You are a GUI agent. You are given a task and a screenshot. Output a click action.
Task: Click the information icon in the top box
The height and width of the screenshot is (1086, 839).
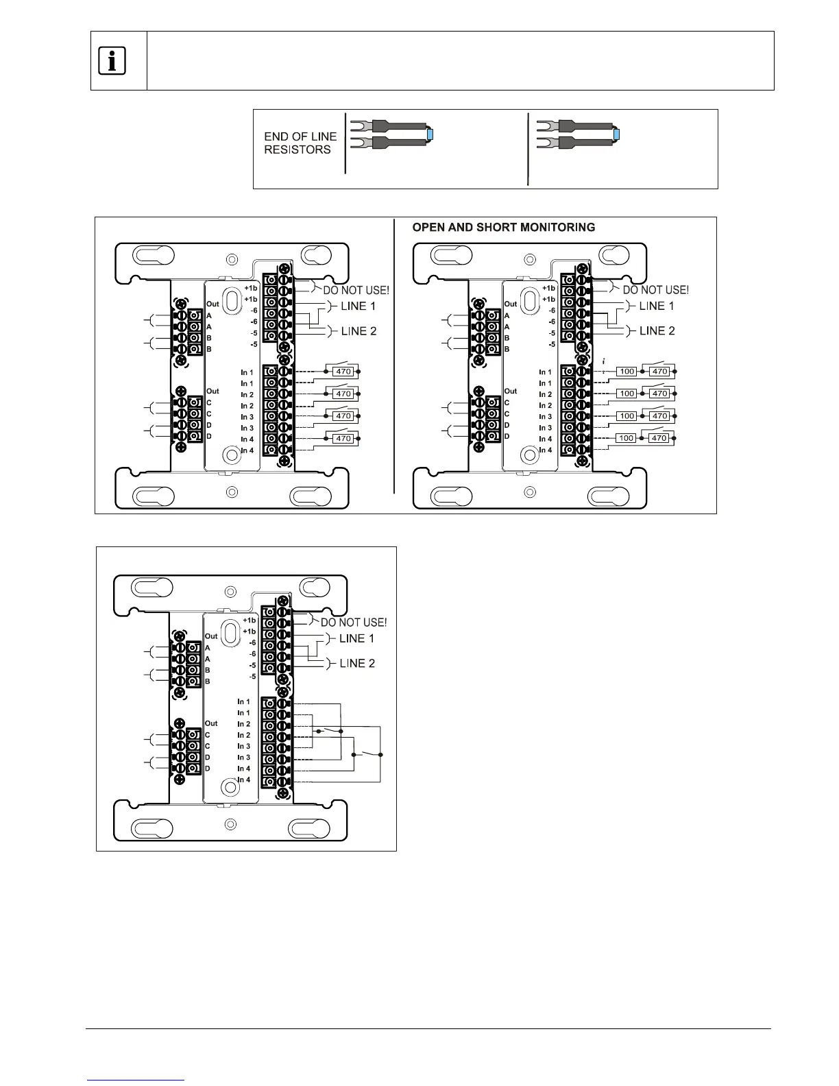(x=112, y=62)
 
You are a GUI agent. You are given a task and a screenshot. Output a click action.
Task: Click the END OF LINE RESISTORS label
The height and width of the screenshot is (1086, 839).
(x=300, y=143)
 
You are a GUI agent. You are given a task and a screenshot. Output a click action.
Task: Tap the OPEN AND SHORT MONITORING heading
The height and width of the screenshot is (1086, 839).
(x=504, y=228)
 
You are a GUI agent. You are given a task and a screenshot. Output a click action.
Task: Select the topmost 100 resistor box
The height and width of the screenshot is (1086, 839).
(x=627, y=372)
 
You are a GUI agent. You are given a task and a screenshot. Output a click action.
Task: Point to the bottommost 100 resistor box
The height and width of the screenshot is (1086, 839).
(x=627, y=438)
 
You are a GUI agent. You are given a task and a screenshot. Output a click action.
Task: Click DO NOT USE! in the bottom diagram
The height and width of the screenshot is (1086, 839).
(x=354, y=623)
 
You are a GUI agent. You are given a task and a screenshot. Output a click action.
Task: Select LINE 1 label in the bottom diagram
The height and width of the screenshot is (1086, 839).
(x=357, y=638)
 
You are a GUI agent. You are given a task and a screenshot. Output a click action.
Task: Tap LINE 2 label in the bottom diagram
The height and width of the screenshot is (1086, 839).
(x=357, y=663)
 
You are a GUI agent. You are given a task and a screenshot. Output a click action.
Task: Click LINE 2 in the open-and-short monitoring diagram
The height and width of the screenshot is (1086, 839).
(x=657, y=330)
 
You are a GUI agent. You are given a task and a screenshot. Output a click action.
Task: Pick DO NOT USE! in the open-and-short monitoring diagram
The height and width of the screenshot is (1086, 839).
(x=655, y=290)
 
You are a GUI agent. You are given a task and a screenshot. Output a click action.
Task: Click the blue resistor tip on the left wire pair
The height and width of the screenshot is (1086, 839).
(x=430, y=134)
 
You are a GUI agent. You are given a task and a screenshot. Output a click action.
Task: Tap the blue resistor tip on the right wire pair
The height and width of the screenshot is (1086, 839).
(x=616, y=134)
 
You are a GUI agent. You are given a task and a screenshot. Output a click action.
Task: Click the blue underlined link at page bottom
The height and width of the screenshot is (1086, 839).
(x=136, y=1080)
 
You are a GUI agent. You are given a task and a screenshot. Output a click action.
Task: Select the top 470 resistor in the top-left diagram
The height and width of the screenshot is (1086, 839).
(x=343, y=372)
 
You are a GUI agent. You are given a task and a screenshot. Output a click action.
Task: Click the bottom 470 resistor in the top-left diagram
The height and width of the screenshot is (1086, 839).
(x=343, y=438)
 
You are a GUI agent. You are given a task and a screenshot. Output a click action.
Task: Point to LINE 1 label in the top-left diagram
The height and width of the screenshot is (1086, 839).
(x=358, y=306)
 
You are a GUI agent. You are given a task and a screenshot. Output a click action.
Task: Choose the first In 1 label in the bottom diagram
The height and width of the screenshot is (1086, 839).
(x=244, y=701)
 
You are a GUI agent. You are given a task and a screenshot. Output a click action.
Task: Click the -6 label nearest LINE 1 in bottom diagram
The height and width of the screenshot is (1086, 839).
(x=252, y=642)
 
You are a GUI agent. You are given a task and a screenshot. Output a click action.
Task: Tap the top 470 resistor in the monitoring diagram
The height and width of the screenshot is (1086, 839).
(x=659, y=372)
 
